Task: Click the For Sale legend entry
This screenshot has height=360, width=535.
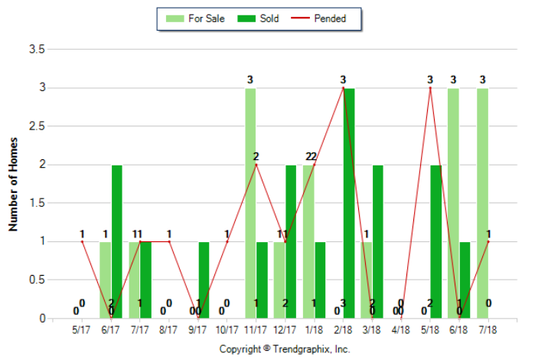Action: [196, 19]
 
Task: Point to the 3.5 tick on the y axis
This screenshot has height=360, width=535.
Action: [38, 50]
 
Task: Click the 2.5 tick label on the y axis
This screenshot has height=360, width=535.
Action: [38, 126]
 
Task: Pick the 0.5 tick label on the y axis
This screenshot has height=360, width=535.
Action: [38, 280]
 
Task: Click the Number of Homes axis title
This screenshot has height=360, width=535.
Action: [13, 184]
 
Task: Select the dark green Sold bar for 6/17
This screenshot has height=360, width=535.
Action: [117, 241]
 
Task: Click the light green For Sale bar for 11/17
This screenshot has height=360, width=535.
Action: [250, 203]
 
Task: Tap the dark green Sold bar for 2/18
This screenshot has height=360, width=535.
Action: [349, 203]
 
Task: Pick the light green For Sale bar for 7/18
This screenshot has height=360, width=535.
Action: [482, 203]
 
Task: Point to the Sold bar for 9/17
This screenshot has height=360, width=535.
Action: [204, 280]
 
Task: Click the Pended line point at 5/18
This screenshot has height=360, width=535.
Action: [430, 88]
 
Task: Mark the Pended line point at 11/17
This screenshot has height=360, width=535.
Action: [256, 165]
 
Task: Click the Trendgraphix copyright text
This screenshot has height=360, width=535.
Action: [285, 349]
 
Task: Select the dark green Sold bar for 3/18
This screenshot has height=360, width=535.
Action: [378, 241]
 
